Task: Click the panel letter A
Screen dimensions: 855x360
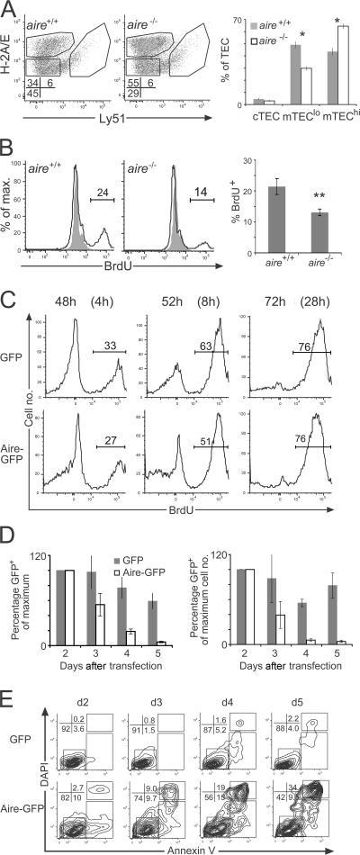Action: point(8,9)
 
